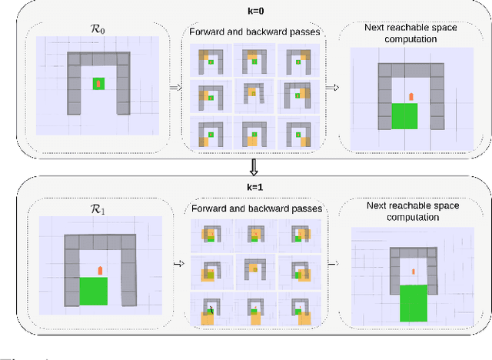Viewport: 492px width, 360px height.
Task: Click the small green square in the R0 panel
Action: (x=98, y=84)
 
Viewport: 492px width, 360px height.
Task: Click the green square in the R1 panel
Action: (x=94, y=292)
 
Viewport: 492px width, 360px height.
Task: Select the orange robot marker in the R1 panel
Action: (x=100, y=269)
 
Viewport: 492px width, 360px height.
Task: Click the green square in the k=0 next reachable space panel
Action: (x=404, y=115)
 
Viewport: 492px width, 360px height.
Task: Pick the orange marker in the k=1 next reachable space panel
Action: (x=413, y=272)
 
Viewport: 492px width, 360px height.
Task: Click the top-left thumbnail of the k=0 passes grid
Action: (x=208, y=61)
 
